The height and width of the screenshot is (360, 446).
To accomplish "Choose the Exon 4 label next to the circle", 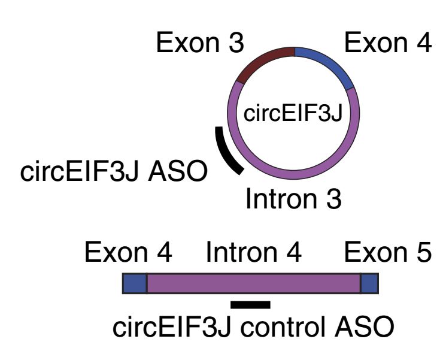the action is (387, 44).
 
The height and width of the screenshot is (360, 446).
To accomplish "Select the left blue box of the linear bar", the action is (135, 283).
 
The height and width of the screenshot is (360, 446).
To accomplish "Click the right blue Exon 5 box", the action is (369, 283).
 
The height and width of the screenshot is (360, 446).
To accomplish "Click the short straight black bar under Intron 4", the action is (250, 305).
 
